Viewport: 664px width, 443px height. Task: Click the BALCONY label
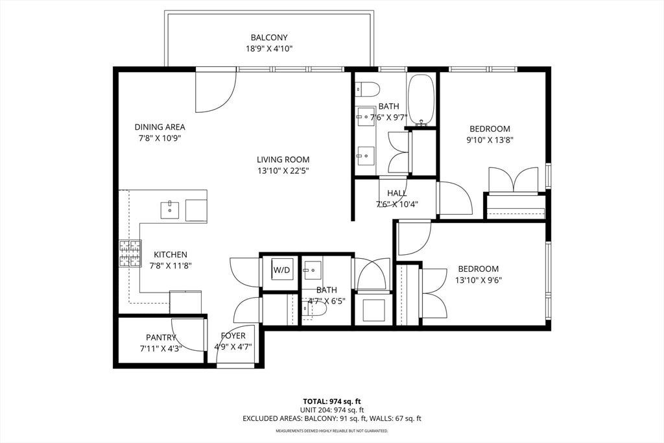click(269, 37)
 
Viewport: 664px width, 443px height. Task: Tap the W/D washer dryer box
click(281, 270)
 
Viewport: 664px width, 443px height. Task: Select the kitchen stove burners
click(130, 254)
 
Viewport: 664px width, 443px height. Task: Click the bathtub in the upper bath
click(421, 100)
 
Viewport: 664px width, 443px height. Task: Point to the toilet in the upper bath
click(368, 89)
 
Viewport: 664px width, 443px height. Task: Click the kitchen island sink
click(170, 210)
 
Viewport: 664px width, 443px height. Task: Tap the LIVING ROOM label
click(283, 160)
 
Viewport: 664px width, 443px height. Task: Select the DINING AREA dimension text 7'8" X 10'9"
click(160, 138)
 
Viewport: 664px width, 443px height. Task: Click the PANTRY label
click(161, 337)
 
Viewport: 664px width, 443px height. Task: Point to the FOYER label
click(233, 336)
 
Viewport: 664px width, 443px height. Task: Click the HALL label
click(397, 193)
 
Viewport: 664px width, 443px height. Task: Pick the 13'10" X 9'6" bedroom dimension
click(479, 280)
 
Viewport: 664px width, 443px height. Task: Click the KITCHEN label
click(171, 254)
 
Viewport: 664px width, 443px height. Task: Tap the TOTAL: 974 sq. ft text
click(332, 401)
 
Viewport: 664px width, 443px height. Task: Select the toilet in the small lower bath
click(314, 310)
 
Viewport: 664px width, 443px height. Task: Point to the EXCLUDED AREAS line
click(332, 419)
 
